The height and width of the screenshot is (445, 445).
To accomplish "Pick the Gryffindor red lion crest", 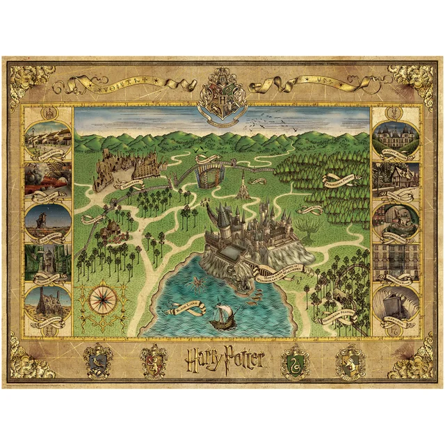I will pyautogui.click(x=154, y=359).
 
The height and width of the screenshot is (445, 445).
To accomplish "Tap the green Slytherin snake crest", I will pyautogui.click(x=294, y=359).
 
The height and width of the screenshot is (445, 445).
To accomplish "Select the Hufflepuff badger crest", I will pyautogui.click(x=350, y=359).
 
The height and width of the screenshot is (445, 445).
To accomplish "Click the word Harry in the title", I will pyautogui.click(x=203, y=357).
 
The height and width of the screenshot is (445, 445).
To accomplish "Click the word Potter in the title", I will pyautogui.click(x=243, y=359).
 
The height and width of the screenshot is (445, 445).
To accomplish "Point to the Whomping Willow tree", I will pyautogui.click(x=306, y=224).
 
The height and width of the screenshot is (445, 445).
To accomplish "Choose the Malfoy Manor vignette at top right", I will pyautogui.click(x=395, y=139).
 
